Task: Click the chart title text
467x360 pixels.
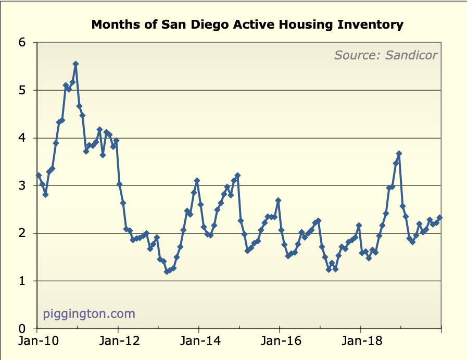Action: coord(247,24)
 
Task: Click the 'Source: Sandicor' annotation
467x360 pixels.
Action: coord(385,55)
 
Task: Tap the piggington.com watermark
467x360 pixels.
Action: coord(89,314)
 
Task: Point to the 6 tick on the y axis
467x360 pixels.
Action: coord(22,42)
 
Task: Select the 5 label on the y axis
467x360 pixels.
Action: coord(22,90)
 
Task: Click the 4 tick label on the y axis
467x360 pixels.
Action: coord(22,138)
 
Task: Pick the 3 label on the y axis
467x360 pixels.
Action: coord(22,185)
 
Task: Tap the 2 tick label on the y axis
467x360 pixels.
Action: coord(22,233)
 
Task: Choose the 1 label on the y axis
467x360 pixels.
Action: coord(22,281)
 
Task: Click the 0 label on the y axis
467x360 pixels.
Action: coord(22,329)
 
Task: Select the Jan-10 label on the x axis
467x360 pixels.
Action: coord(37,342)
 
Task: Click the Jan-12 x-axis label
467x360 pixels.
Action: coord(118,342)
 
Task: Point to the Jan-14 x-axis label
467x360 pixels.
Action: coord(199,342)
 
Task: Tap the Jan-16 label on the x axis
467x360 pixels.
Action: coord(280,342)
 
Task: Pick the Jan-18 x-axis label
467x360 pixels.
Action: coord(360,342)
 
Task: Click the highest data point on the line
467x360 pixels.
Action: coord(75,64)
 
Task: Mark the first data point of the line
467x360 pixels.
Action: coord(39,175)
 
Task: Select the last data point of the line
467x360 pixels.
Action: coord(439,218)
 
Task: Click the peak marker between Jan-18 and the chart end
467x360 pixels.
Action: coord(399,154)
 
